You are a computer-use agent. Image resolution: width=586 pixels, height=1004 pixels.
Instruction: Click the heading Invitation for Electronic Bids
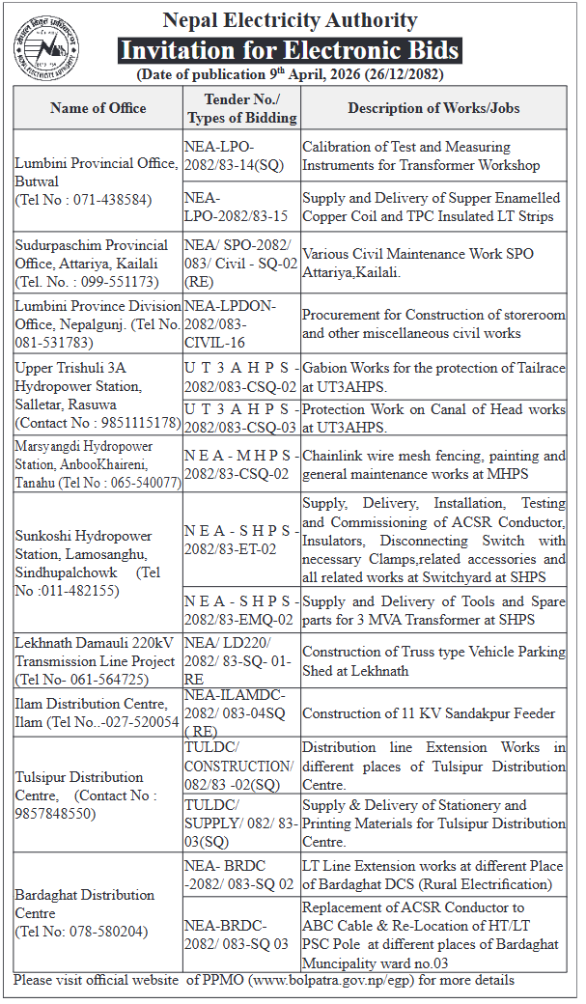pos(290,50)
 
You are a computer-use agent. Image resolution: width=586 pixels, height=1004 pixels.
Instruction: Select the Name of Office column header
pos(97,108)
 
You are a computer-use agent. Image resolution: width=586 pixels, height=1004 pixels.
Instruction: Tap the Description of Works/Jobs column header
pos(433,108)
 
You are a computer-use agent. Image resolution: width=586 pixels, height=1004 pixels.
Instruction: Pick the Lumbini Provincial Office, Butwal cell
pos(97,181)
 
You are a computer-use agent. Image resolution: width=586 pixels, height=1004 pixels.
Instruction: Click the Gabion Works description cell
pos(433,376)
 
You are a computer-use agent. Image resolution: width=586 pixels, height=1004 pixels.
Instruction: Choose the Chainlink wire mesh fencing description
pos(433,464)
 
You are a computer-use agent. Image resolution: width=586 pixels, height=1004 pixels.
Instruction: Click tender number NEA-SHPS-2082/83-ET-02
pos(237,540)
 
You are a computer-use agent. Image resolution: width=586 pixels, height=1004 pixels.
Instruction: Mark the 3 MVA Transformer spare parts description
pos(433,610)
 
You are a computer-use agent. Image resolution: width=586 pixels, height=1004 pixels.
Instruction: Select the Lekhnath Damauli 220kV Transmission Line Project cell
pos(97,661)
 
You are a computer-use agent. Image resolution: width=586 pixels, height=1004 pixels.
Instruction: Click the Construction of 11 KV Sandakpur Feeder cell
pos(429,713)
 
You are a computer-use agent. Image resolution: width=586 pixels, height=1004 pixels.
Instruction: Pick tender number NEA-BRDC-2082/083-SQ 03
pos(237,935)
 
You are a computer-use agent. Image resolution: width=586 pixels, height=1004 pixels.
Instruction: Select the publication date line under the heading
pos(290,74)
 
